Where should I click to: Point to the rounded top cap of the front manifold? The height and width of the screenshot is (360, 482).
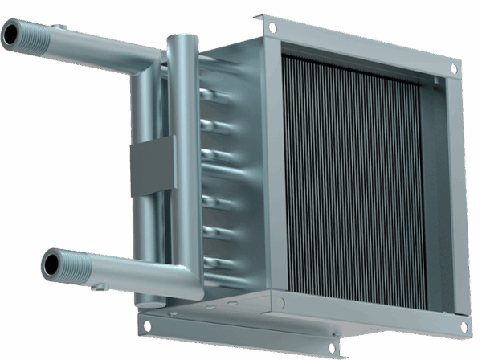click(x=181, y=39)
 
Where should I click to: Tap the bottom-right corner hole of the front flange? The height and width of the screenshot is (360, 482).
click(x=464, y=326)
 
